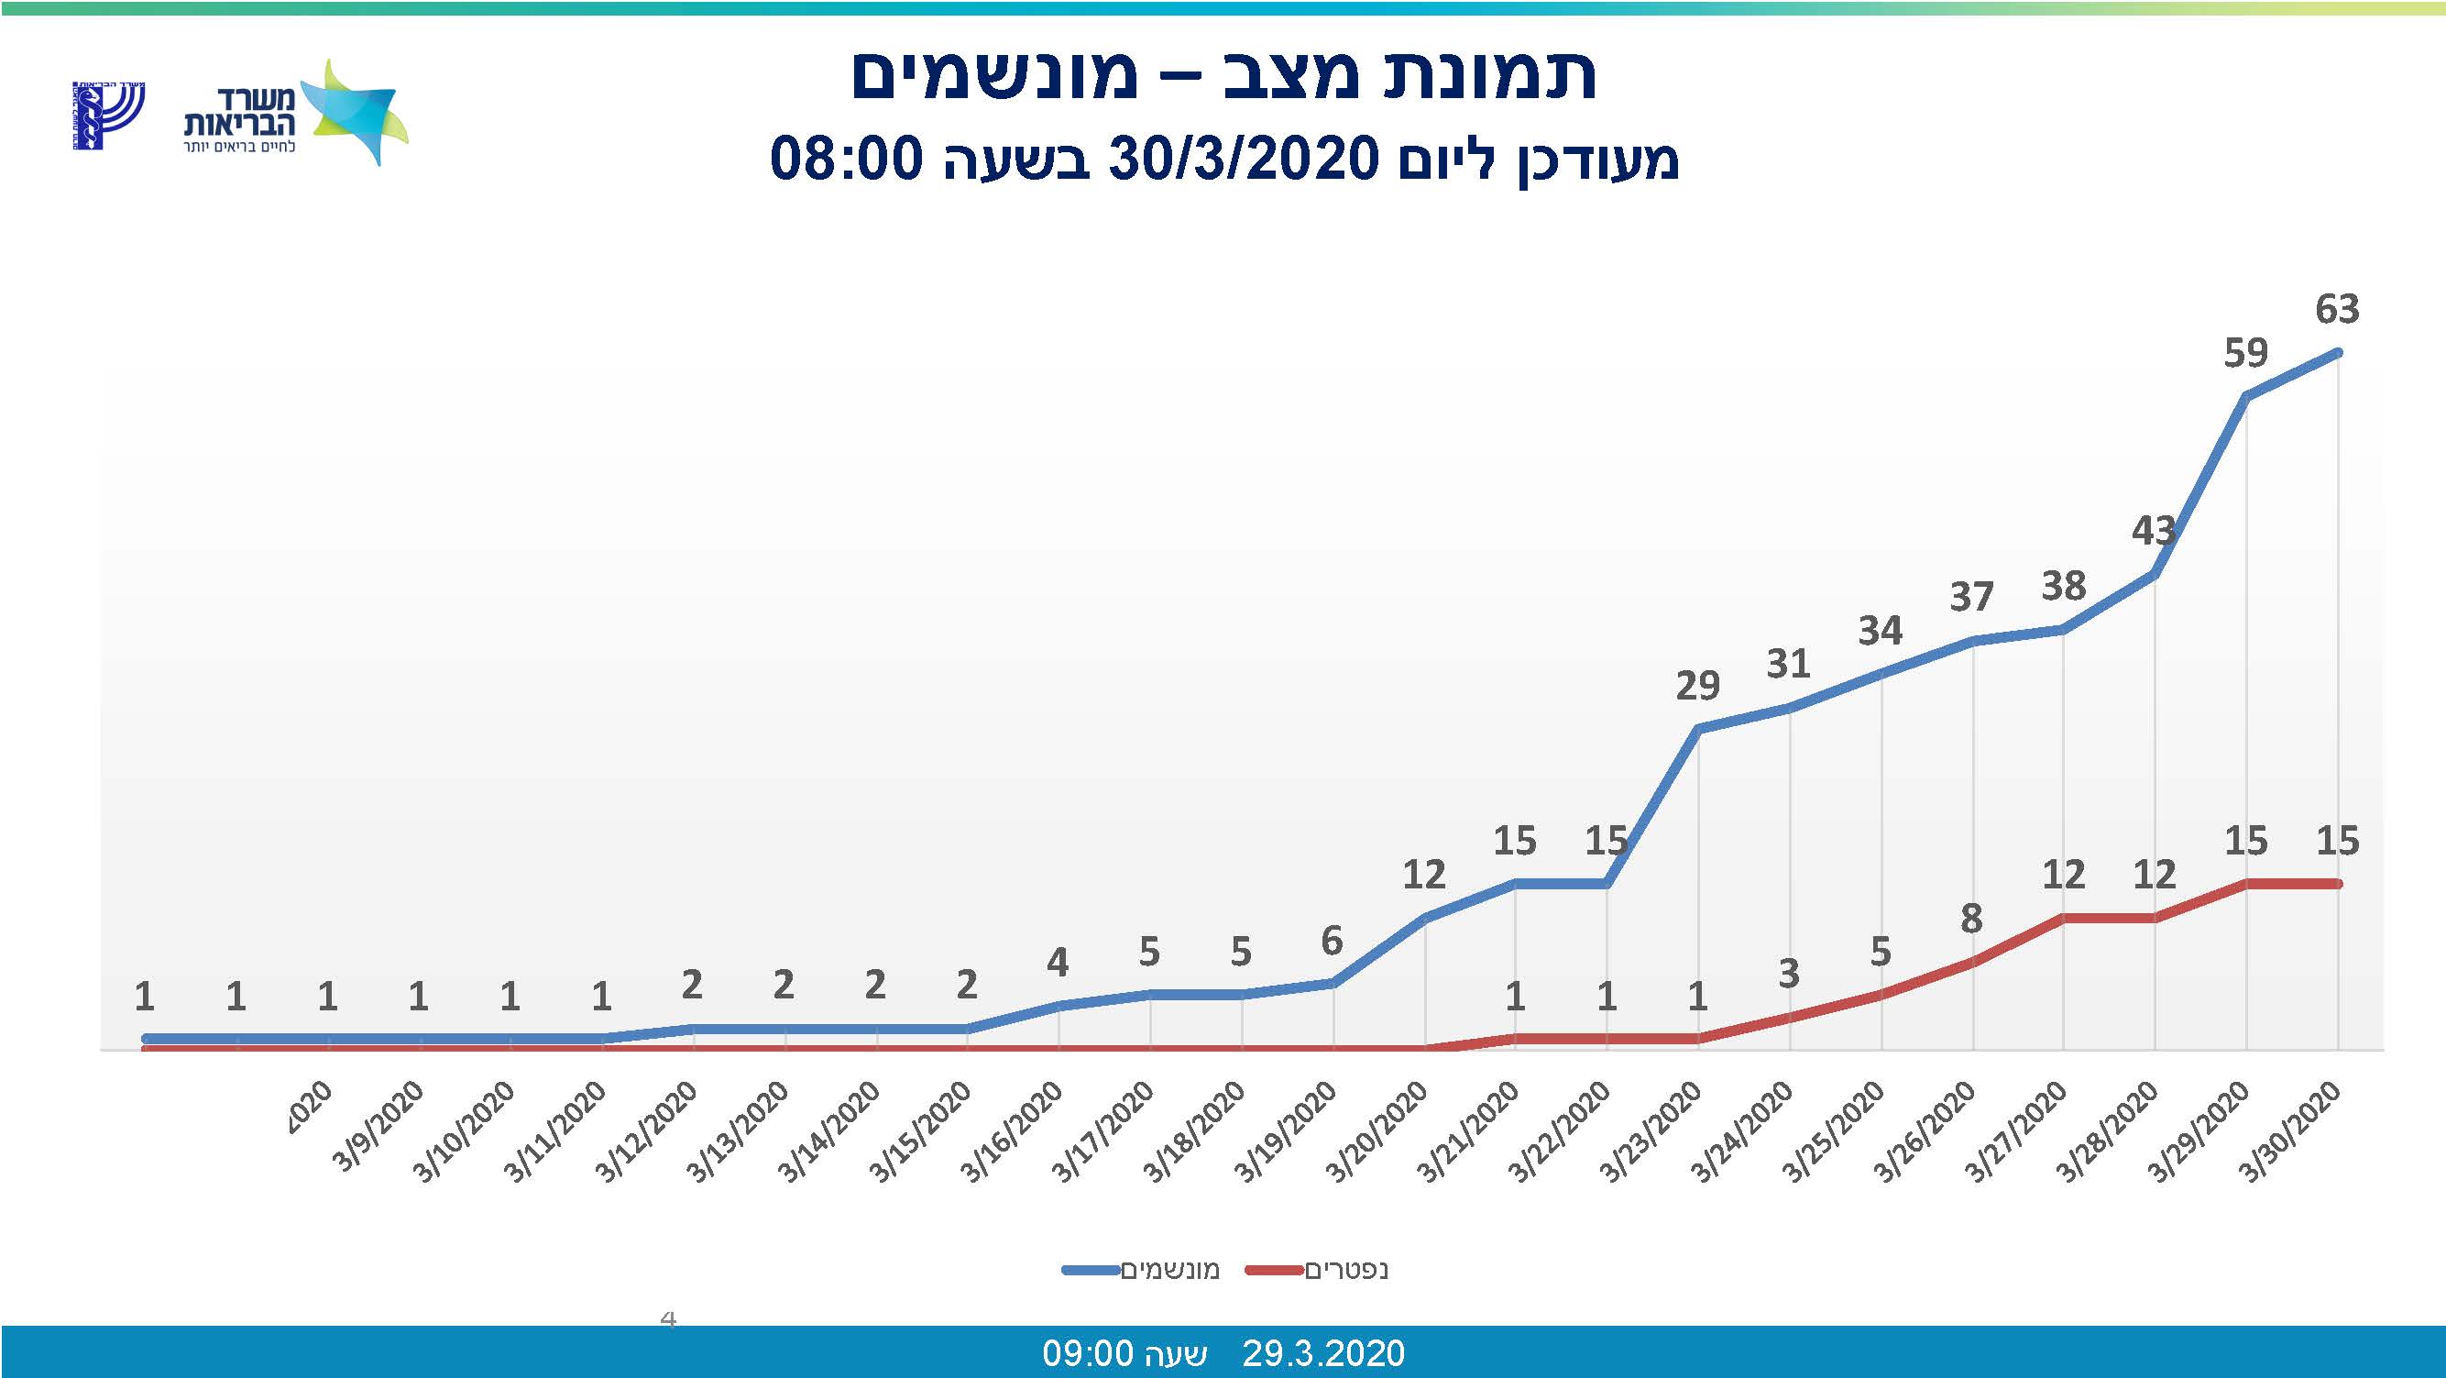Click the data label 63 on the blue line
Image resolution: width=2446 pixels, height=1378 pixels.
(x=2337, y=310)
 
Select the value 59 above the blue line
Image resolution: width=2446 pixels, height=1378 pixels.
(x=2245, y=353)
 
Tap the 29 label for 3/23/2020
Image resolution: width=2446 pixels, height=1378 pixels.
(x=1697, y=686)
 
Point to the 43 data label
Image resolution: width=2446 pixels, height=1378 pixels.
(x=2153, y=531)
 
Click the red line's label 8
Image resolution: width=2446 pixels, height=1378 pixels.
(x=1971, y=920)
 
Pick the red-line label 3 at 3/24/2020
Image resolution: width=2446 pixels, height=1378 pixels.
(x=1789, y=974)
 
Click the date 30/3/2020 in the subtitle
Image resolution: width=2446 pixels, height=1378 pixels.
(x=1244, y=159)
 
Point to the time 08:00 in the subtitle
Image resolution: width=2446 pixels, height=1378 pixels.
(x=846, y=159)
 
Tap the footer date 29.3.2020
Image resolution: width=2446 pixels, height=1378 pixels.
(x=1322, y=1352)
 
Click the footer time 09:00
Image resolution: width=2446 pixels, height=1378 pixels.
(x=1088, y=1352)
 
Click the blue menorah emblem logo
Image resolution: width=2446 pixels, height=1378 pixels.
(x=107, y=115)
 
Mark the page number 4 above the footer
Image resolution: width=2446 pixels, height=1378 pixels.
(x=668, y=1318)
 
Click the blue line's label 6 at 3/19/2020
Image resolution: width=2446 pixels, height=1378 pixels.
(x=1332, y=942)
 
